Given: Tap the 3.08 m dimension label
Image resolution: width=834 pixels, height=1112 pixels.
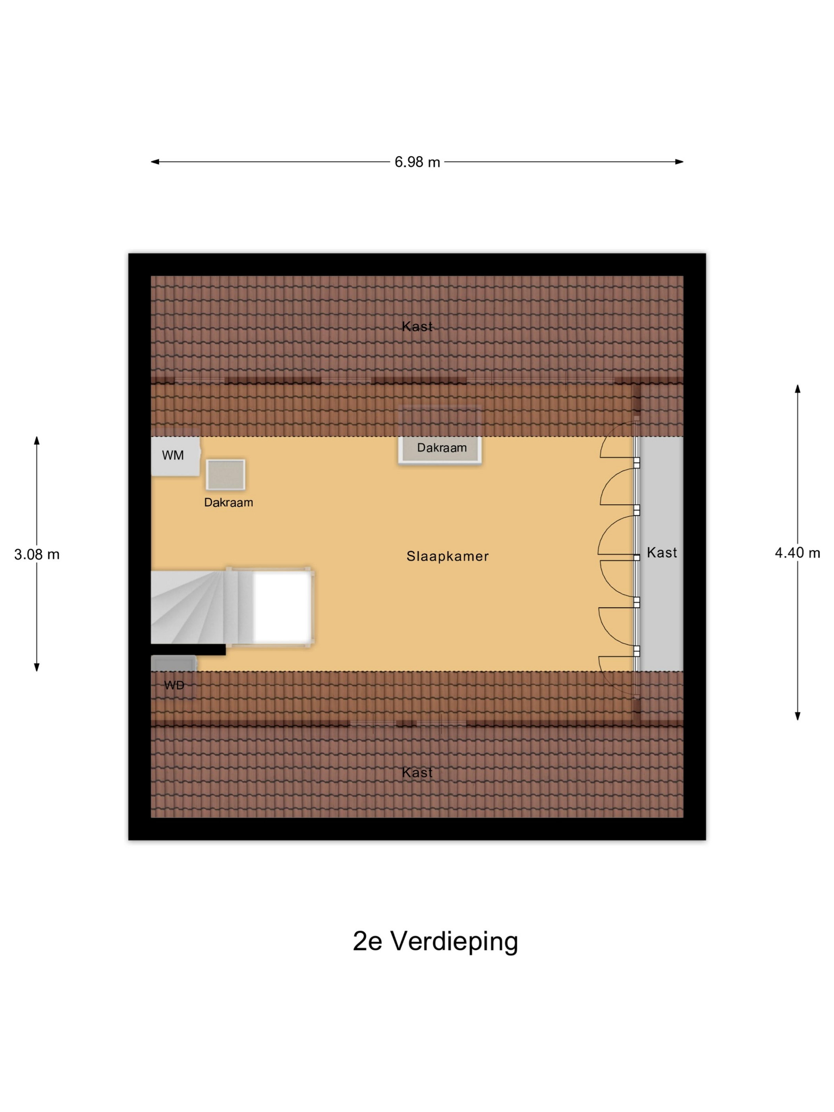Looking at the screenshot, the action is point(37,554).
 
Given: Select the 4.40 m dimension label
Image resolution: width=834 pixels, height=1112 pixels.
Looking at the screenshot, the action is point(797,553).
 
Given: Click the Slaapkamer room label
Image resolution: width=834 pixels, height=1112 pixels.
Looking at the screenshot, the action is point(448,556).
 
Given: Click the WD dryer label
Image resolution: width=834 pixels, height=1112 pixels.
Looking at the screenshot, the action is point(174,685).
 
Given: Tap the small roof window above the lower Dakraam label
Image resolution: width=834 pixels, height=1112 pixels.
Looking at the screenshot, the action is point(225,474).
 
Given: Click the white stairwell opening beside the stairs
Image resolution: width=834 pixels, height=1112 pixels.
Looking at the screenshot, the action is point(282,607).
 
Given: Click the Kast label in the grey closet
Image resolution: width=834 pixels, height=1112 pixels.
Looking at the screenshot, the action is point(662,552).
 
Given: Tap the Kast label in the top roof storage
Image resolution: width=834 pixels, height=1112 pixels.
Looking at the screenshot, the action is point(417,326).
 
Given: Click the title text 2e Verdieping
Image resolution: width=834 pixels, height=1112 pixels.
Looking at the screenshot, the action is point(435,941).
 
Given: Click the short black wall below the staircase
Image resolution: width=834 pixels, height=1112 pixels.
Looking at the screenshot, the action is point(188,649).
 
